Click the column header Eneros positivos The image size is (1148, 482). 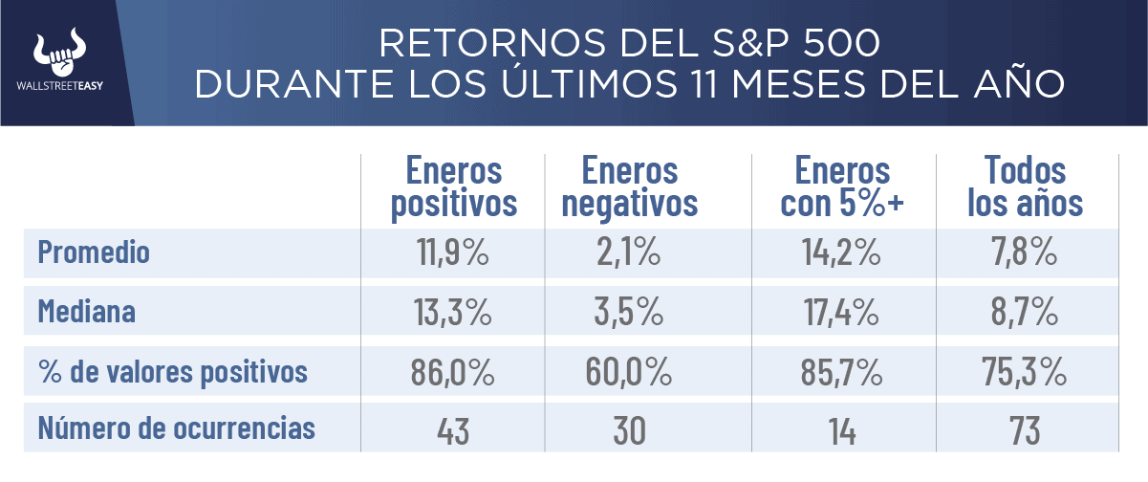[453, 187]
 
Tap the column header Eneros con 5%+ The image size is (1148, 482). [842, 187]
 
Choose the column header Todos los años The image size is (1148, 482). [1025, 187]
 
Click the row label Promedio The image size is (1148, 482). [94, 252]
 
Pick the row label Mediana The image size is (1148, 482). [87, 312]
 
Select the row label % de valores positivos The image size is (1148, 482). [173, 371]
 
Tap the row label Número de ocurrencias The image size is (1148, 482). [176, 429]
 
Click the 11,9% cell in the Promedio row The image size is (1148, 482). [453, 252]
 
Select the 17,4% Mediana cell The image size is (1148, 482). [842, 312]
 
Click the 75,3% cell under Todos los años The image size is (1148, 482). [1025, 371]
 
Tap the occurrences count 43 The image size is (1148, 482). [453, 430]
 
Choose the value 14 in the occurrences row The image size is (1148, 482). [842, 430]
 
